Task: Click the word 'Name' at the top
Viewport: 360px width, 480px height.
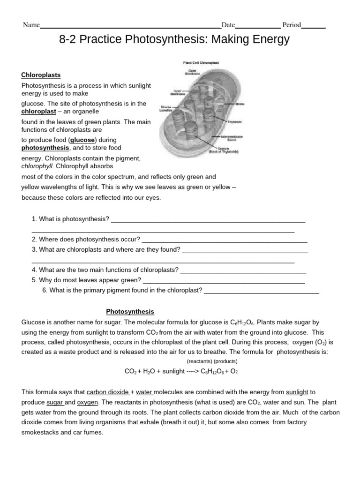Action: [x=31, y=25]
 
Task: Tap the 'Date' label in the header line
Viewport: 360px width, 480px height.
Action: [x=228, y=25]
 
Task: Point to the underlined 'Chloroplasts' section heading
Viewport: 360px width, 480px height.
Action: [x=41, y=75]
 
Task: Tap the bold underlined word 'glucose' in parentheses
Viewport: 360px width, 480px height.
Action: [x=82, y=140]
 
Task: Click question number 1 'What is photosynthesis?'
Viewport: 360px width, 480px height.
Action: [x=70, y=219]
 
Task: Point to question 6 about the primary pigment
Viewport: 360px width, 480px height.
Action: [x=122, y=290]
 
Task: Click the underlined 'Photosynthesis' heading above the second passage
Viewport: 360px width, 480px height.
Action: [x=130, y=311]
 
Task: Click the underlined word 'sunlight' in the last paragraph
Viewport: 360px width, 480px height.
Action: [x=297, y=392]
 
